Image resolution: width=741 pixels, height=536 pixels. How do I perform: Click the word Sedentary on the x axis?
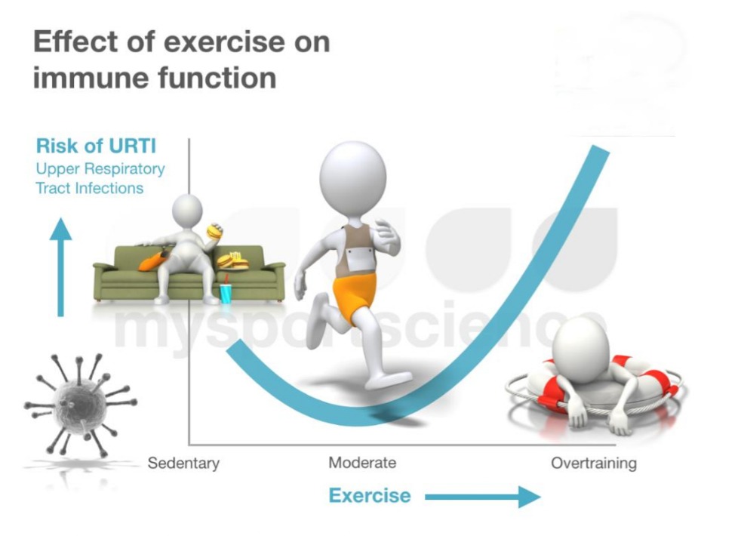183,464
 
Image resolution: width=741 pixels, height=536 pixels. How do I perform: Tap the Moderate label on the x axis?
362,462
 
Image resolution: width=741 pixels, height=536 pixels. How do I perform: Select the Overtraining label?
594,464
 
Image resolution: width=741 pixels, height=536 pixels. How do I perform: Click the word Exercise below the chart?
370,495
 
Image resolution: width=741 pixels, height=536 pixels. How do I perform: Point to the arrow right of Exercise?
482,497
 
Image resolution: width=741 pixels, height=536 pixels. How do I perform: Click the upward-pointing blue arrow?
60,267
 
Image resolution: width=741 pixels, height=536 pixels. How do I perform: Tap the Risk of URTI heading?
96,146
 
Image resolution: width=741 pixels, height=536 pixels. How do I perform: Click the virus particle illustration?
80,404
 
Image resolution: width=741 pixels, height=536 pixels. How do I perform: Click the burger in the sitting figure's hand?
214,231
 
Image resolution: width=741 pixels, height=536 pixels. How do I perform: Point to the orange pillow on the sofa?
152,260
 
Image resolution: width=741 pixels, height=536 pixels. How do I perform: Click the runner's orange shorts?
354,297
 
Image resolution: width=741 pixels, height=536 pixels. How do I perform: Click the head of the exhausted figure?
579,346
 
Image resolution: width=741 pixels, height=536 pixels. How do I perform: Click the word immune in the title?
89,78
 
